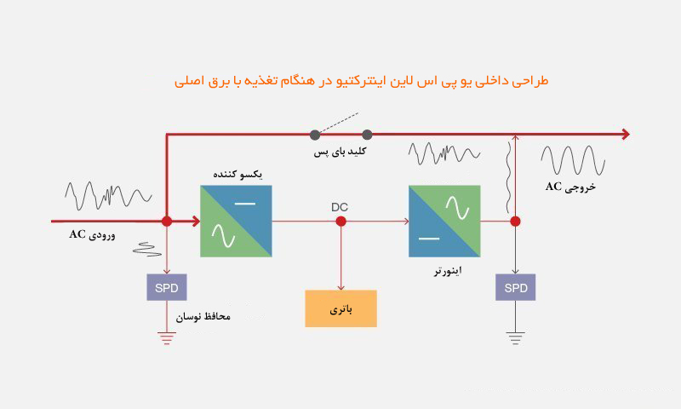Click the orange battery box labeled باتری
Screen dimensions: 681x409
point(341,308)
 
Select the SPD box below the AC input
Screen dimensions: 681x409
point(167,287)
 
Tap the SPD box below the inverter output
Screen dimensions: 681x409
point(516,287)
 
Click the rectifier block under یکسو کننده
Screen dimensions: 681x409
point(237,222)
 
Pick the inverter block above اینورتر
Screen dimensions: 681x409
point(444,222)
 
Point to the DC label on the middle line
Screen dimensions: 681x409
point(340,207)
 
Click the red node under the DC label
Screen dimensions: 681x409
point(341,222)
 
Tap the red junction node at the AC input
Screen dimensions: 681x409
point(167,222)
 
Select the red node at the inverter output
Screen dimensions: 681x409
point(516,222)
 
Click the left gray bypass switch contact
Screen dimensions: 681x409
point(315,135)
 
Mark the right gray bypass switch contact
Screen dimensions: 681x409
point(367,135)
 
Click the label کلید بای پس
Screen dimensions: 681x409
point(340,152)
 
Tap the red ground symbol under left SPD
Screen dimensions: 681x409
point(167,338)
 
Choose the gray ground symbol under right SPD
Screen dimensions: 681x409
point(516,338)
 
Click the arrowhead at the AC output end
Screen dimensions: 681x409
point(626,135)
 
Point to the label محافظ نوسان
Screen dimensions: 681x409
point(203,316)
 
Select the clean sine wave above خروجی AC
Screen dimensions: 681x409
point(573,160)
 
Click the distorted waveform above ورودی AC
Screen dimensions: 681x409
point(109,196)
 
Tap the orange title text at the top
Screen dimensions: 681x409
point(361,81)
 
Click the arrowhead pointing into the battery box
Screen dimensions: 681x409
point(341,287)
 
